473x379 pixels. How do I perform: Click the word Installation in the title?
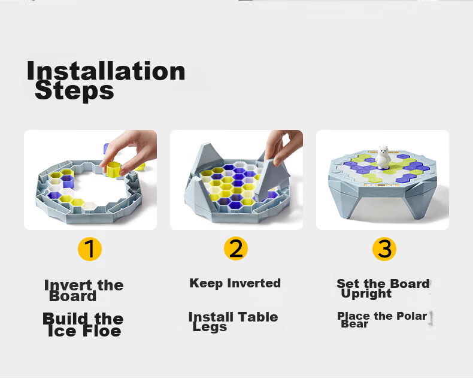(x=106, y=71)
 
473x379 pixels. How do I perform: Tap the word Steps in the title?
(x=74, y=91)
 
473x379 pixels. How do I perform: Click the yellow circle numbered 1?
(x=90, y=249)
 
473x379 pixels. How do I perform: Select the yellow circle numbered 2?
(x=236, y=248)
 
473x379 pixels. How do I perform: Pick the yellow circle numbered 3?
(x=384, y=249)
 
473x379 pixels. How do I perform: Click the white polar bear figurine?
(x=383, y=157)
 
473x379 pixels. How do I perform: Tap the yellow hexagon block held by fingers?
(x=113, y=169)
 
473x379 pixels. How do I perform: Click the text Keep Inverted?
(x=235, y=283)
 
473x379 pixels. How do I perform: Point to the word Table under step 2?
(x=258, y=317)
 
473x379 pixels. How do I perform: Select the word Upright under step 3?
(x=366, y=293)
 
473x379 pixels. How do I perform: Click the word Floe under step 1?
(x=102, y=331)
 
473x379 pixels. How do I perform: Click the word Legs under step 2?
(x=210, y=327)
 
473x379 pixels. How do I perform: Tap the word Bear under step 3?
(x=354, y=324)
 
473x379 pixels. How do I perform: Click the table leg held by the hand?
(x=271, y=181)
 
